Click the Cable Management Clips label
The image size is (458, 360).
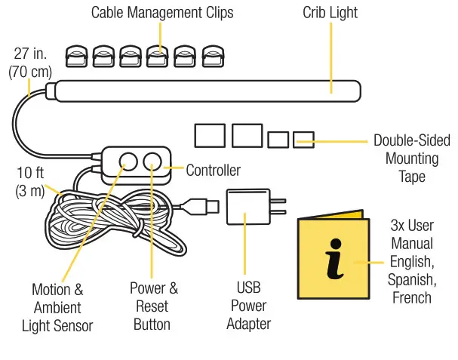[162, 13]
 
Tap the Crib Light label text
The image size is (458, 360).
[330, 13]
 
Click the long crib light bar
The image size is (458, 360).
[204, 91]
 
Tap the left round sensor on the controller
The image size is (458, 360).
[128, 162]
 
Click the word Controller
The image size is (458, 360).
[214, 170]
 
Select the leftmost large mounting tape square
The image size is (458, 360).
[210, 136]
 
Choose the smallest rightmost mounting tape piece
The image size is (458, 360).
[303, 140]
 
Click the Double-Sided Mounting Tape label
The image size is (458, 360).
[411, 158]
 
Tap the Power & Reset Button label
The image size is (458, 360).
[153, 306]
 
